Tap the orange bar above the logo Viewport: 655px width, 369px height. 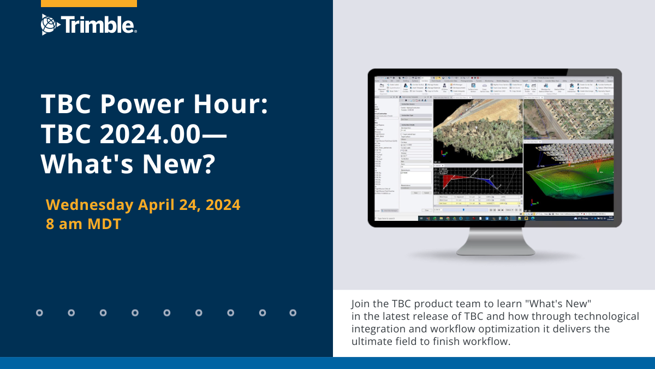tap(89, 3)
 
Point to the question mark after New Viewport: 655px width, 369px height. tap(205, 163)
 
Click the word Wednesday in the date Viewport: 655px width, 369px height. tap(90, 205)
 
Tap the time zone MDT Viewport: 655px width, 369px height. tap(103, 224)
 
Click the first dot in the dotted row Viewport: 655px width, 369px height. tap(39, 313)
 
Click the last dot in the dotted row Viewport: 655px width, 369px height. tap(293, 313)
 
